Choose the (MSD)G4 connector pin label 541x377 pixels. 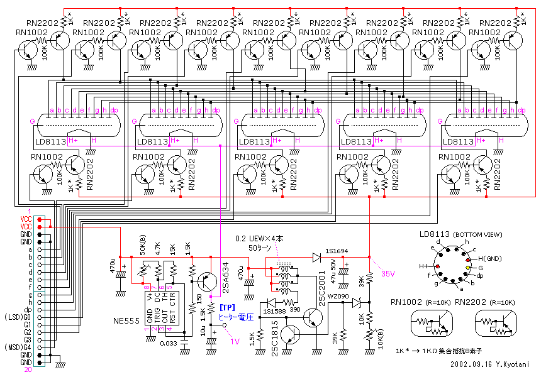coord(16,347)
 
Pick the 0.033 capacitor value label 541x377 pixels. coord(167,344)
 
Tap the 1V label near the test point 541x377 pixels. coord(235,341)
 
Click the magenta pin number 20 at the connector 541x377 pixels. coord(27,370)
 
